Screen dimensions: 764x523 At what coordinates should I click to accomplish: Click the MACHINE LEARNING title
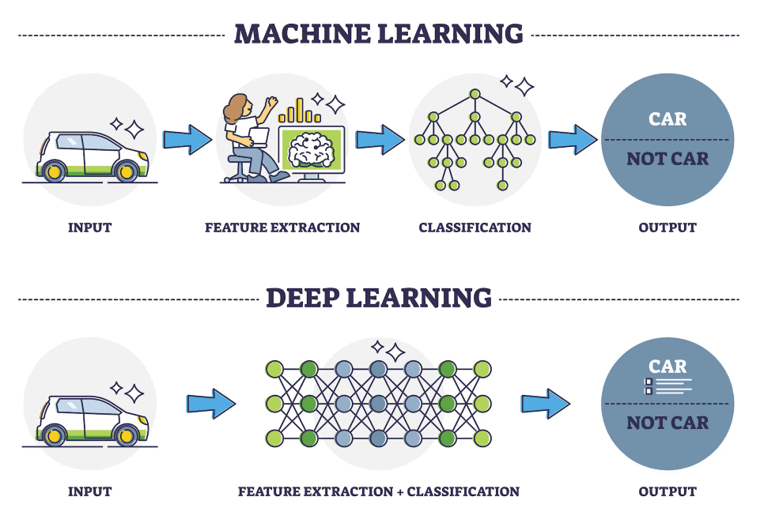(x=379, y=34)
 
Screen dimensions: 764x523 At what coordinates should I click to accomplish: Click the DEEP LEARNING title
(x=379, y=298)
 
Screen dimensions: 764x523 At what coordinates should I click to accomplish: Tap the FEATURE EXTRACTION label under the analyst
(x=282, y=228)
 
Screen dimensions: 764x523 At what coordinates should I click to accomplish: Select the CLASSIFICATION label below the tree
(x=475, y=228)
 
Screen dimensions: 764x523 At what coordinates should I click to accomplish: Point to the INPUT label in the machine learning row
(x=89, y=228)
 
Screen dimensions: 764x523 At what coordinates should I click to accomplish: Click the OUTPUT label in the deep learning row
(x=668, y=491)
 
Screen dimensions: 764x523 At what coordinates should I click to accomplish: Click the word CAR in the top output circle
(x=668, y=119)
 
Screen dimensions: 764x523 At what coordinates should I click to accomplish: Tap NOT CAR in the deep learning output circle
(x=668, y=423)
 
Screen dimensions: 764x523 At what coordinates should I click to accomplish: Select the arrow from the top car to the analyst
(x=187, y=140)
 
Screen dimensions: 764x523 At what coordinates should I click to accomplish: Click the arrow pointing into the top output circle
(x=573, y=140)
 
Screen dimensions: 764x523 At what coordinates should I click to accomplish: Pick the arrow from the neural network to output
(x=546, y=404)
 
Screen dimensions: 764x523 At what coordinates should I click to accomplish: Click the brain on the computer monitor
(x=312, y=150)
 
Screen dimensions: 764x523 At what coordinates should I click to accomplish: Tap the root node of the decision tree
(x=475, y=94)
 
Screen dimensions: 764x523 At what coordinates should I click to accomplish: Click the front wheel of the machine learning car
(x=126, y=171)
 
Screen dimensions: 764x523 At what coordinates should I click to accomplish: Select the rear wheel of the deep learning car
(x=54, y=435)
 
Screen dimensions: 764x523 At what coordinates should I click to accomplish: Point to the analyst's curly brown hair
(x=236, y=108)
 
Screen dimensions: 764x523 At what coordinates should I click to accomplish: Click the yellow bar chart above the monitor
(x=299, y=111)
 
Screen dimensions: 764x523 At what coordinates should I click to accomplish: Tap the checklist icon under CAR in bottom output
(x=668, y=386)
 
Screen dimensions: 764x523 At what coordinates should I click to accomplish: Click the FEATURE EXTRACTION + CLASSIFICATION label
(x=379, y=491)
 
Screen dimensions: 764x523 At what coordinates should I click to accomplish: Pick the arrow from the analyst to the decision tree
(x=380, y=140)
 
